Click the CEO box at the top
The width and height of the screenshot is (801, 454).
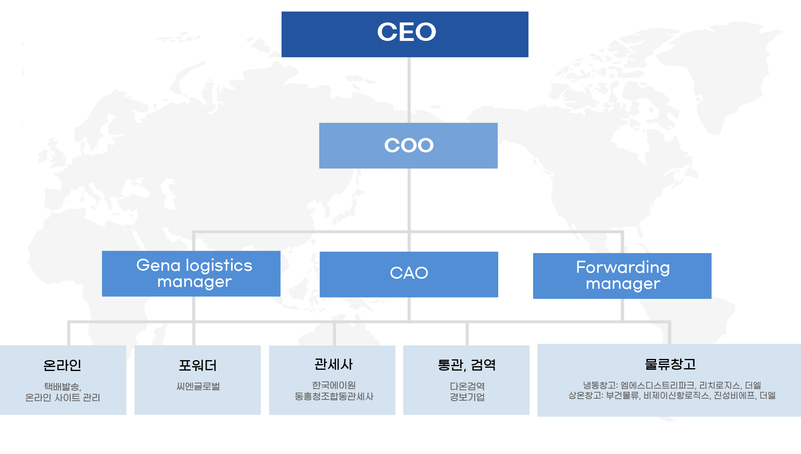[x=405, y=34]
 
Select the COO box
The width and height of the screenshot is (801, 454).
[x=409, y=146]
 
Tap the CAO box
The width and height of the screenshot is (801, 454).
[x=409, y=274]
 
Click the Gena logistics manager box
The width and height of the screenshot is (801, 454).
[x=191, y=274]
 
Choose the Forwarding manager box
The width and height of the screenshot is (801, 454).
[x=622, y=276]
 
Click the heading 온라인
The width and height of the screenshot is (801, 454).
[x=62, y=365]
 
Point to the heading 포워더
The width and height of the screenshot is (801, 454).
[x=198, y=365]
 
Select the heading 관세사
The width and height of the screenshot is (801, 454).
[x=334, y=364]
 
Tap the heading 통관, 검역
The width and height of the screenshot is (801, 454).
[x=467, y=365]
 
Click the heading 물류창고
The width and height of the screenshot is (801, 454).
[x=670, y=364]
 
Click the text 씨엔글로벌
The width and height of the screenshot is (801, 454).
[x=198, y=387]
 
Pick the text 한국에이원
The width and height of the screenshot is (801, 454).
[x=334, y=385]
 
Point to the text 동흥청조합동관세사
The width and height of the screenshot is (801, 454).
[x=334, y=397]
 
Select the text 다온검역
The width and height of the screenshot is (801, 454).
[x=467, y=386]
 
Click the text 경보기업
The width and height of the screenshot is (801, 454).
[x=467, y=397]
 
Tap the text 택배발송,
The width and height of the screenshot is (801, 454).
[x=63, y=387]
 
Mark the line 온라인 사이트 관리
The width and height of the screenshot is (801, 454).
[x=63, y=398]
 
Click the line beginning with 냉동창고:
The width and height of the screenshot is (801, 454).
[x=672, y=385]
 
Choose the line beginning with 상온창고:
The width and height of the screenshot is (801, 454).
[x=672, y=396]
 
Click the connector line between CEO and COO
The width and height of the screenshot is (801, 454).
[x=409, y=90]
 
